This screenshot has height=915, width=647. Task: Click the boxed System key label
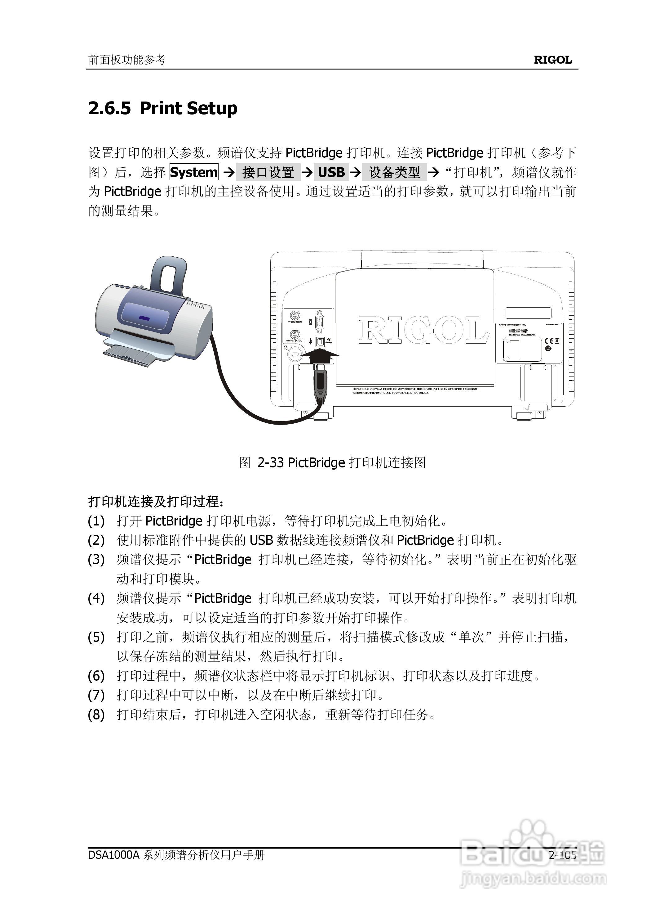coord(194,172)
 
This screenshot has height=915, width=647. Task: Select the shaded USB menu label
coord(331,172)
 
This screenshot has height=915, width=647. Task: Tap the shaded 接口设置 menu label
coord(268,172)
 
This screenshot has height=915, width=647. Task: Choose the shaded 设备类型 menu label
coord(394,172)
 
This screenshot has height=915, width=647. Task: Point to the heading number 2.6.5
coord(109,109)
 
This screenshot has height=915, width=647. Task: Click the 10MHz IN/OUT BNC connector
coord(295,334)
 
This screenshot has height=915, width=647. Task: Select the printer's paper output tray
coord(131,355)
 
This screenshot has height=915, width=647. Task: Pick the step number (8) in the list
coord(96,715)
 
